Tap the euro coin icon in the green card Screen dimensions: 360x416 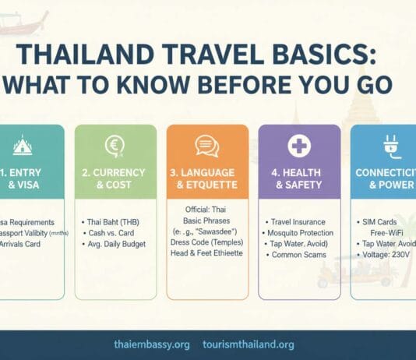coord(115,145)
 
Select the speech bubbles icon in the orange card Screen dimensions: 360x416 coord(206,145)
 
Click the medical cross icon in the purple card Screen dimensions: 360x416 coord(298,145)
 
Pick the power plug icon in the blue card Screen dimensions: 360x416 coord(389,145)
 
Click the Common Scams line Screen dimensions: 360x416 coord(297,254)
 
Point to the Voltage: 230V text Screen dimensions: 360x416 coord(387,253)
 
